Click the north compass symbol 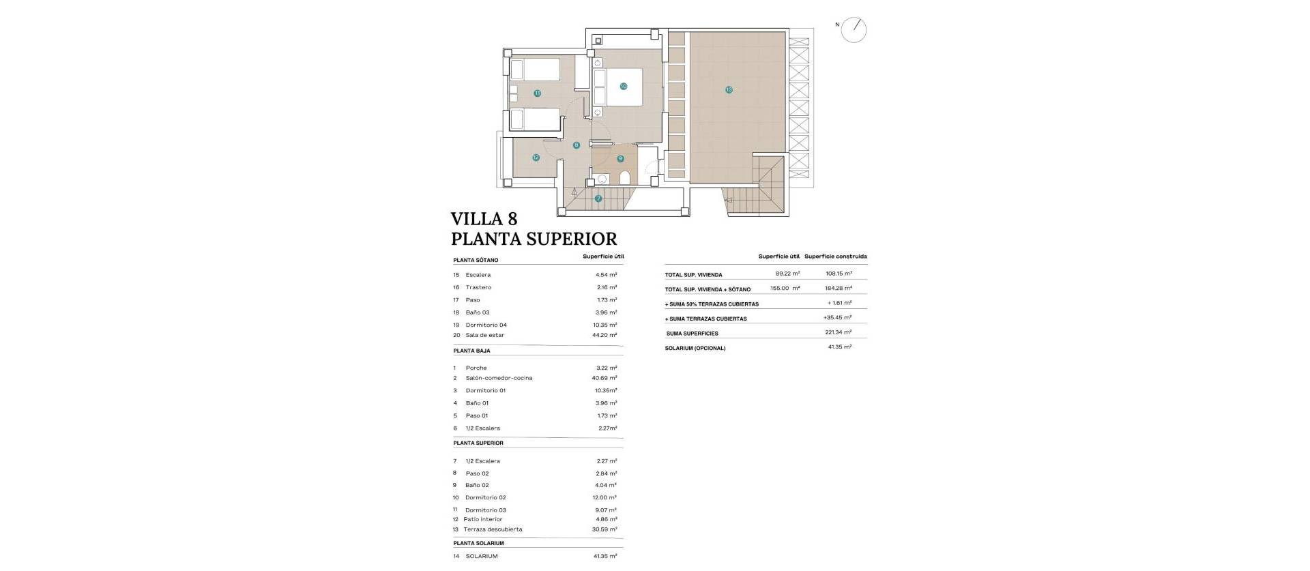coord(854,30)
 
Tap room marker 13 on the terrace coord(729,90)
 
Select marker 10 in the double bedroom coord(623,87)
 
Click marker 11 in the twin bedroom coord(537,93)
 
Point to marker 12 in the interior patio coord(536,158)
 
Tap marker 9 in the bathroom coord(620,159)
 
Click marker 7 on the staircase coord(598,199)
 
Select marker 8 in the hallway coord(577,145)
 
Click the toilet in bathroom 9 coord(625,179)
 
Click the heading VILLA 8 coord(484,219)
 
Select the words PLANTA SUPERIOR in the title coord(534,239)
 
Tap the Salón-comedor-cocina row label coord(499,378)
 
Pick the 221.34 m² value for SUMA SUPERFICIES coord(838,332)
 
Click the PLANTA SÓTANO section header coord(476,260)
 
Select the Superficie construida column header coord(835,257)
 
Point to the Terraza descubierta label coord(493,529)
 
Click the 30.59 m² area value coord(605,529)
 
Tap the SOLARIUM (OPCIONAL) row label coord(695,348)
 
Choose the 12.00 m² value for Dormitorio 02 coord(605,497)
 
